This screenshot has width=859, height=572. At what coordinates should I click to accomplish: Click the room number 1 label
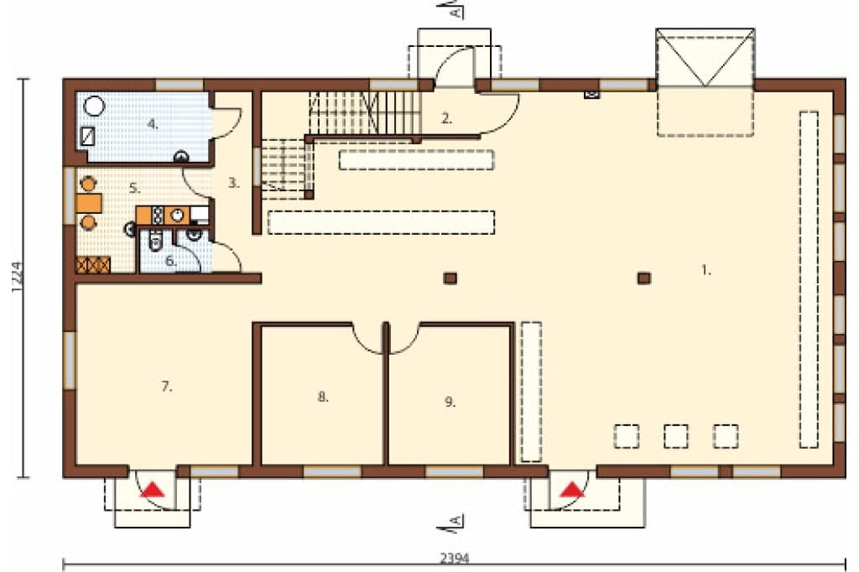[x=706, y=269]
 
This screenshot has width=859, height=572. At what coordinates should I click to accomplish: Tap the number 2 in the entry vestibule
[x=447, y=117]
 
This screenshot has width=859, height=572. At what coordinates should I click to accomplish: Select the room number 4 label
[x=153, y=124]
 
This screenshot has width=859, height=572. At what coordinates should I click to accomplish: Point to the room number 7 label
[x=167, y=387]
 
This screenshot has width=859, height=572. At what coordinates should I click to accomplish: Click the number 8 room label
[x=323, y=397]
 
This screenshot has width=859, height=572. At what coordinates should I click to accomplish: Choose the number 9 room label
[x=450, y=402]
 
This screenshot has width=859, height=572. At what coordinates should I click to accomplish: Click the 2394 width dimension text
[x=455, y=559]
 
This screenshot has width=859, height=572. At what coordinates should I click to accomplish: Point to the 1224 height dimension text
[x=17, y=278]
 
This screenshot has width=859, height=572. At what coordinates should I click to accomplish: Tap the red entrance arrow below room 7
[x=153, y=489]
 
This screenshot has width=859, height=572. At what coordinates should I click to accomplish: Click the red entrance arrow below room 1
[x=572, y=489]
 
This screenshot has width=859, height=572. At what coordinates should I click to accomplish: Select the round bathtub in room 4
[x=95, y=106]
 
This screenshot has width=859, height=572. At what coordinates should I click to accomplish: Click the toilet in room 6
[x=155, y=242]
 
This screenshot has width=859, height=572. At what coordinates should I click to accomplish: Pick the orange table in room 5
[x=89, y=203]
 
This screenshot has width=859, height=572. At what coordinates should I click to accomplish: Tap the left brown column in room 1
[x=450, y=278]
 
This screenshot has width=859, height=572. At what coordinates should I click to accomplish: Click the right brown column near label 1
[x=643, y=278]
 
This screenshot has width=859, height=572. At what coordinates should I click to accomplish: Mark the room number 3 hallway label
[x=234, y=183]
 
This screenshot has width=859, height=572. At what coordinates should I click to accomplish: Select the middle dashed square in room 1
[x=676, y=436]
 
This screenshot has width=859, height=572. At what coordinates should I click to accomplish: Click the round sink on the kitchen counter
[x=177, y=215]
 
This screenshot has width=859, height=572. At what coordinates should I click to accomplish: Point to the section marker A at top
[x=456, y=10]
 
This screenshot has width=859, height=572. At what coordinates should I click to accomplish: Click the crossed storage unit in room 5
[x=93, y=265]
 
